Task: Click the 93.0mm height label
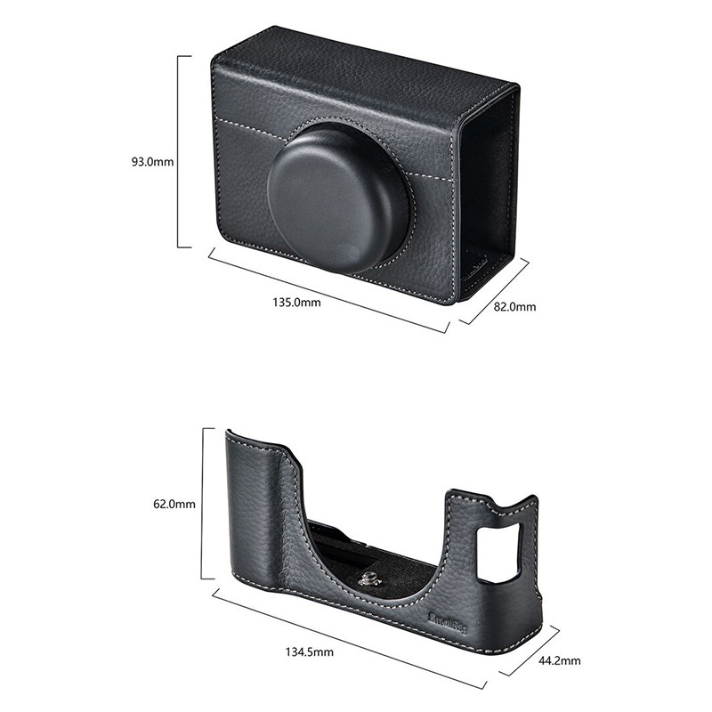(x=152, y=161)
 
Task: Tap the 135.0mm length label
(x=296, y=302)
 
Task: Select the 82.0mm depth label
(x=515, y=307)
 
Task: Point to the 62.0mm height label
(x=174, y=504)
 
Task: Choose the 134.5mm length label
(x=309, y=652)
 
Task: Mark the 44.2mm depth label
(x=560, y=660)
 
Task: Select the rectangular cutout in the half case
(x=500, y=551)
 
